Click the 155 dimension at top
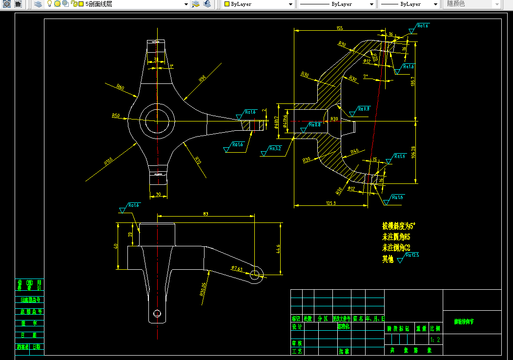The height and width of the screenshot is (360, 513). click(340, 28)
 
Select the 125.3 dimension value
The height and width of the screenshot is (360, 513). click(330, 202)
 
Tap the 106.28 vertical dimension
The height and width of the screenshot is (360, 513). click(413, 152)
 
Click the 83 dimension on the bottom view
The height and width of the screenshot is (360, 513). click(205, 214)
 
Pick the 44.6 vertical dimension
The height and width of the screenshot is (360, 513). click(279, 249)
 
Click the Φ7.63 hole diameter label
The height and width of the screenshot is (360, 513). click(237, 268)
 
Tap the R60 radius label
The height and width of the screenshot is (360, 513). click(120, 87)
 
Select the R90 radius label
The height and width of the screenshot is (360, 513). click(202, 78)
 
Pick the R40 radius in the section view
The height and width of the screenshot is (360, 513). click(355, 151)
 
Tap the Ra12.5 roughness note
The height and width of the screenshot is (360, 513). click(411, 255)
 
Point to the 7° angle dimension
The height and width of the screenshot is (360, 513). click(366, 76)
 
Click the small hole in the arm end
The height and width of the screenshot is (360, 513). click(255, 275)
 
